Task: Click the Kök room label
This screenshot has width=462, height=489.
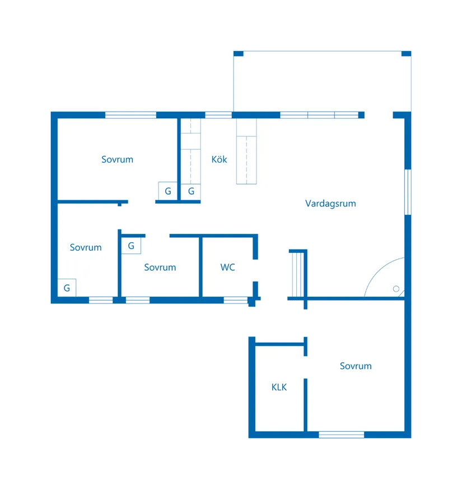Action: point(219,159)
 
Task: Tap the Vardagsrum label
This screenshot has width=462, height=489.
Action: point(330,204)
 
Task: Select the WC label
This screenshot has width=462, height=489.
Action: point(227,267)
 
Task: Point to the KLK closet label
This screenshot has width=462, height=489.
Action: point(279,387)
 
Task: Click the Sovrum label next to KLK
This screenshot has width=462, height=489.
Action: point(356,366)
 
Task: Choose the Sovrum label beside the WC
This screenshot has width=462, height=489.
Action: point(160,267)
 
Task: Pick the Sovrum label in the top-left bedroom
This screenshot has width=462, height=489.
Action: point(118,159)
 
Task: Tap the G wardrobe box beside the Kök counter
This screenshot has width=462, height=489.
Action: point(190,191)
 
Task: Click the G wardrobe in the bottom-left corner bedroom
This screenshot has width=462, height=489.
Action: point(67,288)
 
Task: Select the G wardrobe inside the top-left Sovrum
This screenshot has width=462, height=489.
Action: point(168,191)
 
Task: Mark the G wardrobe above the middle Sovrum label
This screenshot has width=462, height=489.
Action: point(131,246)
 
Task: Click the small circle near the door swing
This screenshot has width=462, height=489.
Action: point(396,289)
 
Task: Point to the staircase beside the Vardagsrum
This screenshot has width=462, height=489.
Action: point(297,274)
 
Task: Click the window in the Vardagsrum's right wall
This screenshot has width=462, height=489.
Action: point(408,192)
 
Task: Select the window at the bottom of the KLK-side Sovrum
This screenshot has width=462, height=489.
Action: point(342,435)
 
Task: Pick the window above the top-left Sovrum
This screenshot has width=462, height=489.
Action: point(130,115)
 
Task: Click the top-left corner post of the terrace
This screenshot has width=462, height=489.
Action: point(239,54)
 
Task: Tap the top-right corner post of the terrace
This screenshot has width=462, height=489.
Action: point(406,54)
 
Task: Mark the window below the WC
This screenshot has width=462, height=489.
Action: point(236,301)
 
